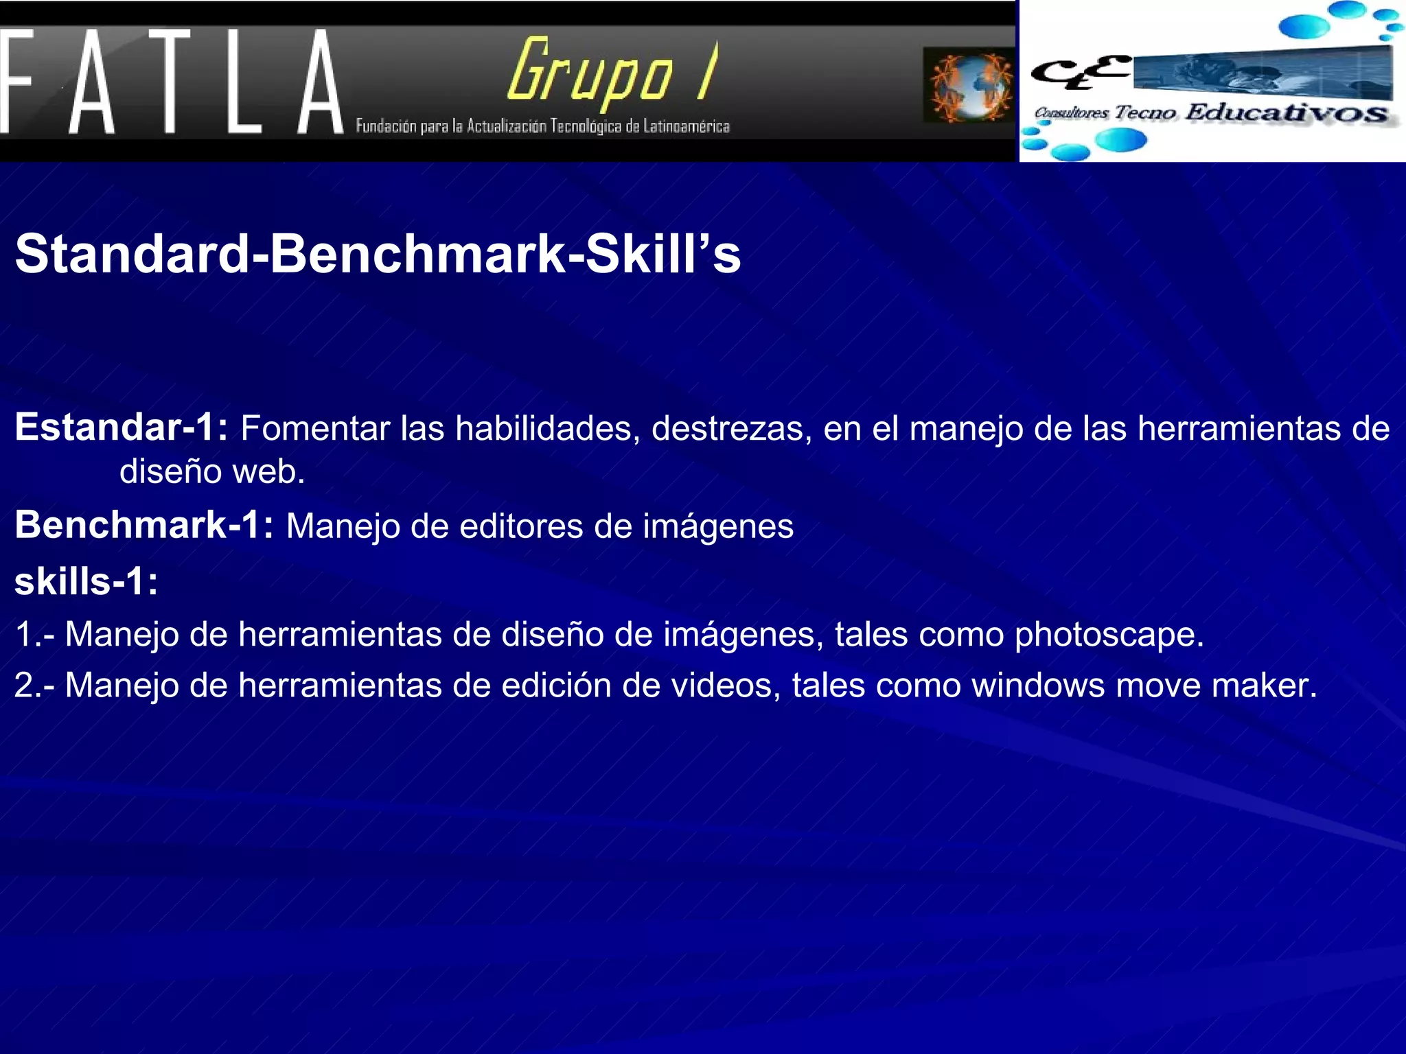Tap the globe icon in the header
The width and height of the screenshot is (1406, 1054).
(969, 85)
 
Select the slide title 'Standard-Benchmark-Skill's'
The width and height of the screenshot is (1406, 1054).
(378, 254)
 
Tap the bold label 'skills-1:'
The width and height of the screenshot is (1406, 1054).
(87, 581)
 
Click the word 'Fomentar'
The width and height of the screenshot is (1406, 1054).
(315, 428)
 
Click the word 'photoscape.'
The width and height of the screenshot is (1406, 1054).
(1109, 634)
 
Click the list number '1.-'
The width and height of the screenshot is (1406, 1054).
(34, 634)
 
